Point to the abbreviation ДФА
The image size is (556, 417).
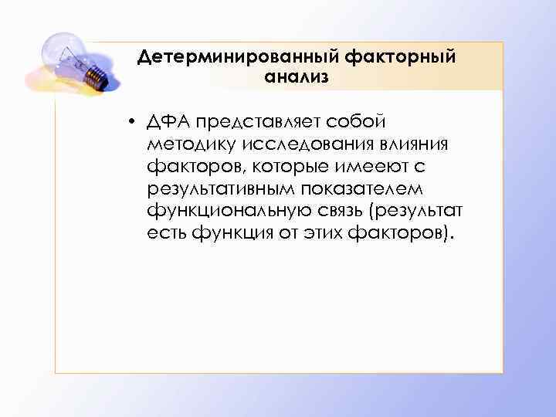tap(169, 122)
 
